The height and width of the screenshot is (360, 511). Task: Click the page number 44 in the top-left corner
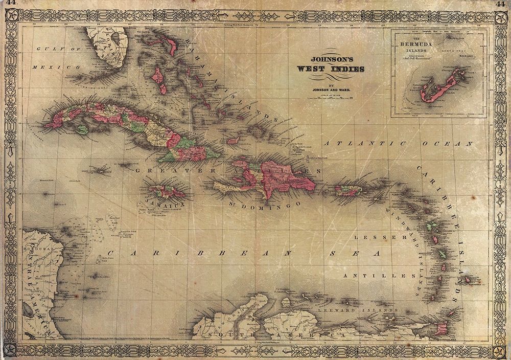[10, 4]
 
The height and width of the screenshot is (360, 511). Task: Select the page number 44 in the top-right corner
[500, 4]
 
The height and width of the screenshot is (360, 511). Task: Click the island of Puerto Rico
[349, 191]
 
